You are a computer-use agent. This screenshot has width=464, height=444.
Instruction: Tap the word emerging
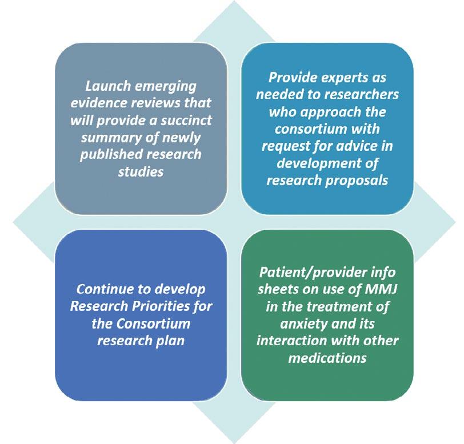[x=166, y=87]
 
